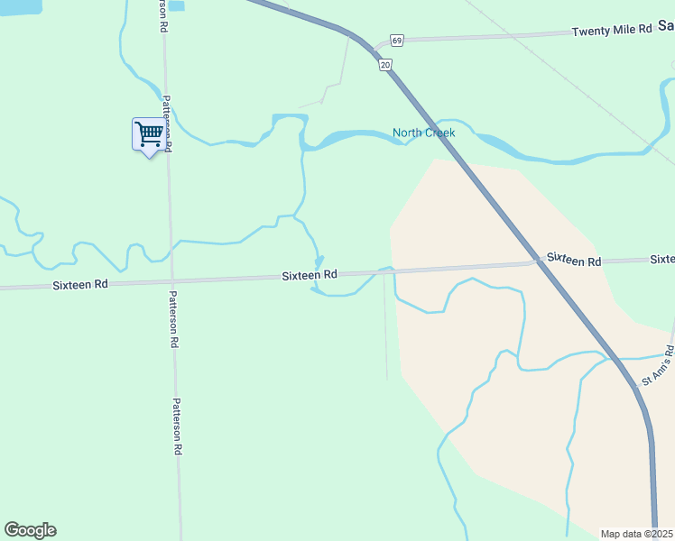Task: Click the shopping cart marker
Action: [x=149, y=134]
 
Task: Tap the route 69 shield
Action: [x=396, y=41]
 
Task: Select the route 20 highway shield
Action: [x=385, y=65]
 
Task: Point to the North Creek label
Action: [x=423, y=133]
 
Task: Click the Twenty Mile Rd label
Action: [x=611, y=31]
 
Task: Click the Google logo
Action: [x=30, y=530]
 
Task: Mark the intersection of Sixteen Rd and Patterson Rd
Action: [x=171, y=281]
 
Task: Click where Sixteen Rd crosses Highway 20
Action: [x=536, y=262]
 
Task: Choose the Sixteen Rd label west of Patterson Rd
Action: [x=80, y=283]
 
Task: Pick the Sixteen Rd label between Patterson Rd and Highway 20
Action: [x=309, y=274]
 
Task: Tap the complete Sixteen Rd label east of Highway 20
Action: [x=573, y=261]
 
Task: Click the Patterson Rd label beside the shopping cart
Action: [x=167, y=123]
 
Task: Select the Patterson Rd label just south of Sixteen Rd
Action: [x=173, y=319]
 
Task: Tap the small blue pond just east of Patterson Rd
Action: [x=177, y=5]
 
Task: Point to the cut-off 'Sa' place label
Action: [x=666, y=27]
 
